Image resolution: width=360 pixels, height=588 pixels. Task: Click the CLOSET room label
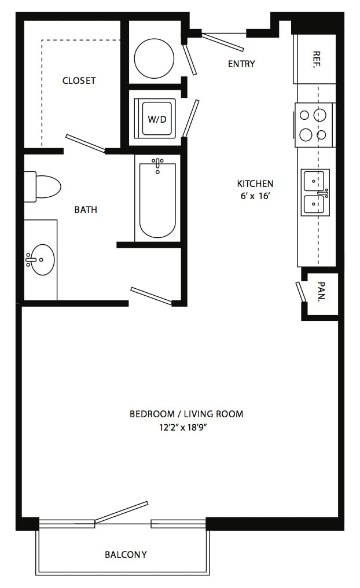[79, 80]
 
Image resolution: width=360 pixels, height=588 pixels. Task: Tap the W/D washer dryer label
[157, 119]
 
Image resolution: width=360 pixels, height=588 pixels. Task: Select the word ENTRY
[241, 64]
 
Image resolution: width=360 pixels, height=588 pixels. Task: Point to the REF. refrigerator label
[316, 59]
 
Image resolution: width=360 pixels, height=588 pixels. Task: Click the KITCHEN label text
[255, 183]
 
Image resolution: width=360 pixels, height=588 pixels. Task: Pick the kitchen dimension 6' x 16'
[255, 196]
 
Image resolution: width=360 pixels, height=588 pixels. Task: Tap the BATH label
[86, 210]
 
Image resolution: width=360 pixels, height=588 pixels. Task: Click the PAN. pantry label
[321, 292]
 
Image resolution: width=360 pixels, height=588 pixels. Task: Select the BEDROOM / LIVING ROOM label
[186, 414]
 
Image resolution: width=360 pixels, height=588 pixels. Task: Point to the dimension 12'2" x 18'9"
[183, 428]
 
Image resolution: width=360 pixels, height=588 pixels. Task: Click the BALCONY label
[126, 554]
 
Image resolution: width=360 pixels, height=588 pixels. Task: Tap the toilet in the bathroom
[42, 186]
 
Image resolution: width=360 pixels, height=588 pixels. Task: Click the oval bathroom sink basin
[41, 259]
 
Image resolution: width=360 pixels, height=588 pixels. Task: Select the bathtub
[157, 199]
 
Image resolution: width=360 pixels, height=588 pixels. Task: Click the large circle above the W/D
[154, 58]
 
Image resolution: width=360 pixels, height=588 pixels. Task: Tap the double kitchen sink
[315, 193]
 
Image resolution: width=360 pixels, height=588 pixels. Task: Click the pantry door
[300, 291]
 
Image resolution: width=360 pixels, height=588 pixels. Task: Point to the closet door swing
[85, 144]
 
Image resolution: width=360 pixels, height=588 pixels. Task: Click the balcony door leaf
[122, 512]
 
